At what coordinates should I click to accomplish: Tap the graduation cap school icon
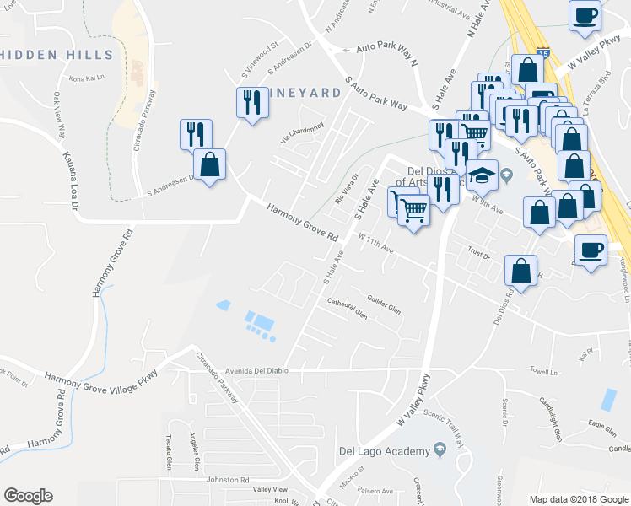[x=482, y=175]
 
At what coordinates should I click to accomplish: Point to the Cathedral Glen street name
[x=347, y=309]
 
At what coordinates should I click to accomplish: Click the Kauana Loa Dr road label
[x=71, y=180]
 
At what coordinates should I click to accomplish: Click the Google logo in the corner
[x=28, y=496]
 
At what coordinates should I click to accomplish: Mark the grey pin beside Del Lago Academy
[x=440, y=451]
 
